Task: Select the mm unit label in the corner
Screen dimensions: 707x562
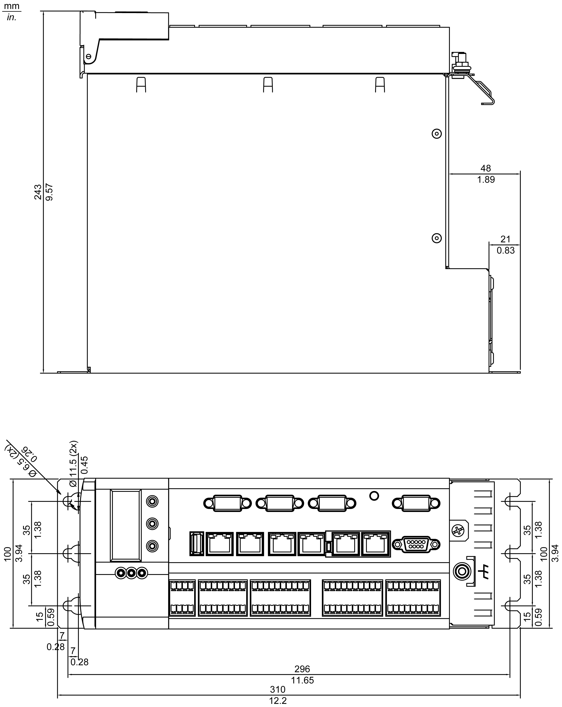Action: point(12,6)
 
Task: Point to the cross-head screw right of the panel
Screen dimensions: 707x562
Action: point(458,530)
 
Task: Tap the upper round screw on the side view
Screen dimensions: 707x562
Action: point(436,134)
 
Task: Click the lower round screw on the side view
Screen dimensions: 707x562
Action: point(436,238)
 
